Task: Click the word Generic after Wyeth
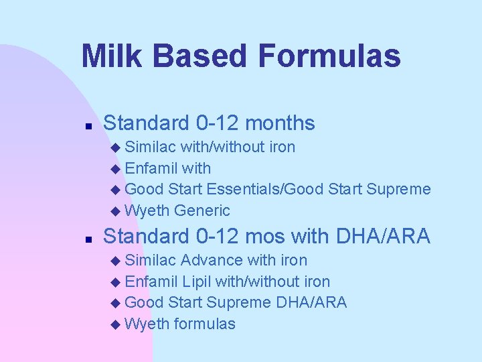[x=202, y=211]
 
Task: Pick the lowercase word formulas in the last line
[x=204, y=324]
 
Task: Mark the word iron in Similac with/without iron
[x=282, y=147]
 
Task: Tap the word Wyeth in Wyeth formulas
[x=147, y=324]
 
